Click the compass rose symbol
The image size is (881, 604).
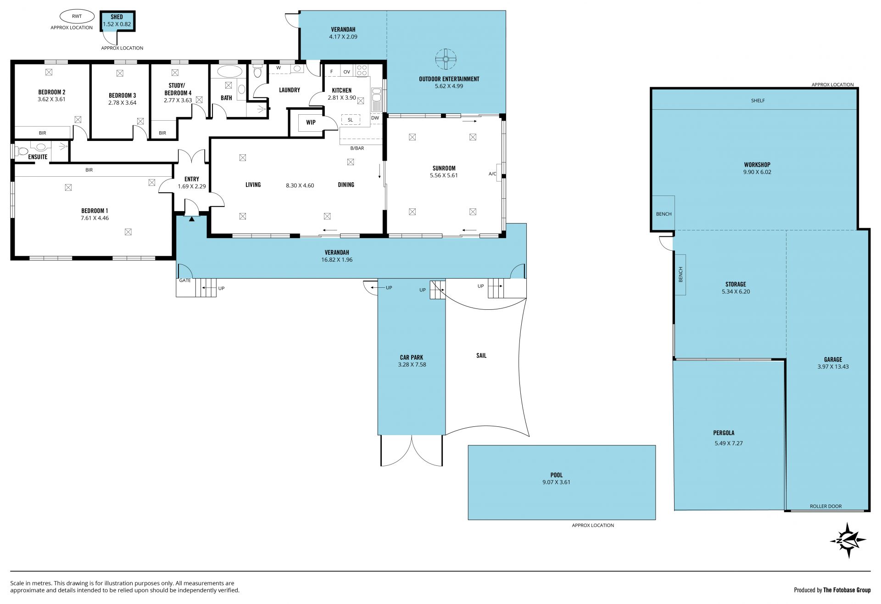[x=848, y=540]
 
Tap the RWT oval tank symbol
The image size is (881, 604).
[x=77, y=17]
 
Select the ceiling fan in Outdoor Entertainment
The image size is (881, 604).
[x=446, y=59]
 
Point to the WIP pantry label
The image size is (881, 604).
[x=311, y=123]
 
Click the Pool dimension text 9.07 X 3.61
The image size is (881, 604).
[x=556, y=482]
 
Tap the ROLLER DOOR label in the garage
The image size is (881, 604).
[x=825, y=506]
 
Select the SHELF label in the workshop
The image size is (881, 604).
[x=758, y=101]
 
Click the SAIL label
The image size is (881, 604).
[x=481, y=355]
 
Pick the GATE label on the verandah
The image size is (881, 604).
[x=185, y=280]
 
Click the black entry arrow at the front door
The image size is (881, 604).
[x=192, y=219]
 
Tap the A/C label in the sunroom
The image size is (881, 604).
[x=492, y=174]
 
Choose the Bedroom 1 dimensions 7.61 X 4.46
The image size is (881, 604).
[x=95, y=218]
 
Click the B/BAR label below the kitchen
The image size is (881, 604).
[x=357, y=148]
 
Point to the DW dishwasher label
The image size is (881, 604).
[x=375, y=118]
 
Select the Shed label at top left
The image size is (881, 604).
[x=117, y=17]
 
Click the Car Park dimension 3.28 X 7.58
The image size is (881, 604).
[x=412, y=365]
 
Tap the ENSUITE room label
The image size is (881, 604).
[x=38, y=157]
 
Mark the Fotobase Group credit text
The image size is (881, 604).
[x=832, y=590]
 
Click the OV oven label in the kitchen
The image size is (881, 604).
[x=346, y=72]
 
